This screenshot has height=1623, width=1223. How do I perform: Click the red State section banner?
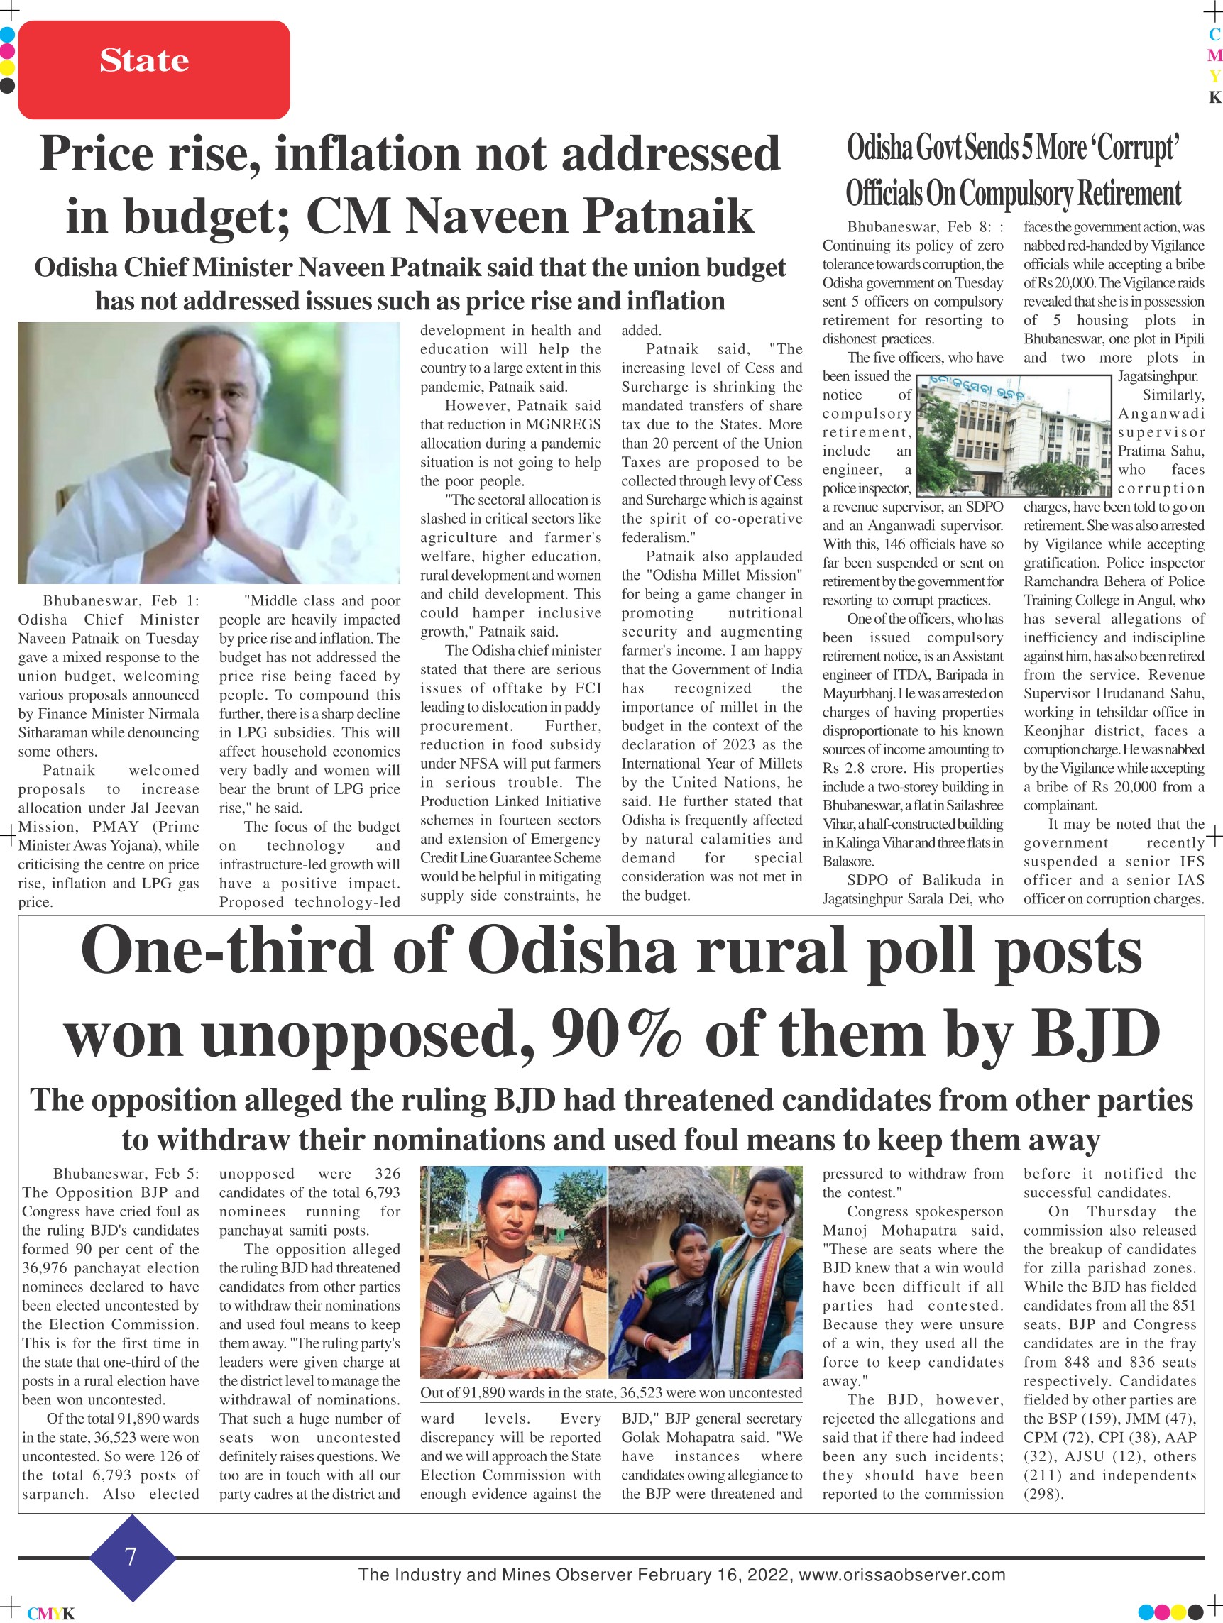tap(153, 70)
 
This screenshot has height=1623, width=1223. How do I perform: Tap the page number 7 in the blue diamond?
tap(131, 1556)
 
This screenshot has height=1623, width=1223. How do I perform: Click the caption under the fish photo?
tap(610, 1392)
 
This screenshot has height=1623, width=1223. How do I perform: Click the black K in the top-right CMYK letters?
tap(1215, 98)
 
